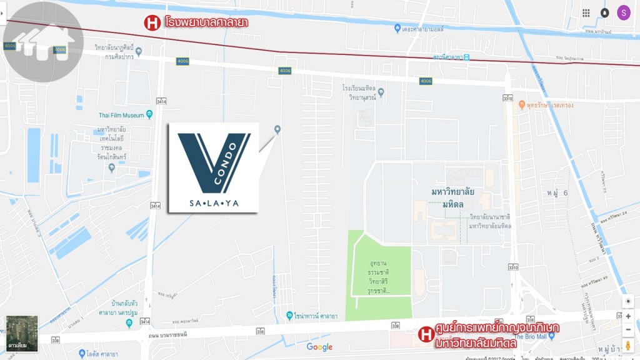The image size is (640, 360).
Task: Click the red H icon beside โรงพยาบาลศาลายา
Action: pos(152,23)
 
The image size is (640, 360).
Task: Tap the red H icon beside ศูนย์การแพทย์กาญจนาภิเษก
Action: pos(426,334)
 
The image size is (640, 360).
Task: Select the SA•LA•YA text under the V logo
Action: pos(214,203)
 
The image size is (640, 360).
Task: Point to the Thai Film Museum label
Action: pos(121,115)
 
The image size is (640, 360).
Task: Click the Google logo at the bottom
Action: pos(319,347)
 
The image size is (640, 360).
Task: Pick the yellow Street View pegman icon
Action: pos(628,346)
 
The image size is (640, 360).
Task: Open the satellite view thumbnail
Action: pos(22,332)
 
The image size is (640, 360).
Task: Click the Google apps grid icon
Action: pos(586,12)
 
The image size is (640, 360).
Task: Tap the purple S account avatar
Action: pos(623,12)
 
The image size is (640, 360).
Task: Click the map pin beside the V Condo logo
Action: pos(277,129)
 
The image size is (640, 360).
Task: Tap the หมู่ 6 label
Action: pos(556,192)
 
